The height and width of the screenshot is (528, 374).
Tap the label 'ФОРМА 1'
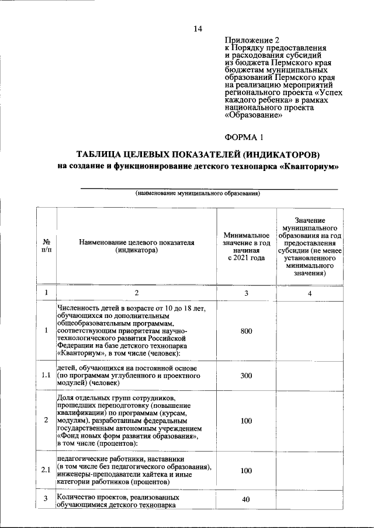pos(244,138)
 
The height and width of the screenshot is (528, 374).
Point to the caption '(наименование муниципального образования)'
pos(198,193)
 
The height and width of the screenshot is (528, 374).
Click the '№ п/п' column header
pos(46,246)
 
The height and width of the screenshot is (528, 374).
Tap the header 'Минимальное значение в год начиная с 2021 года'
pos(246,246)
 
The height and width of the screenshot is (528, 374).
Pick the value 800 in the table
pos(246,331)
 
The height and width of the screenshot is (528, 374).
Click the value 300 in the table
pos(246,376)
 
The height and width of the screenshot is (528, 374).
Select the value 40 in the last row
pos(246,499)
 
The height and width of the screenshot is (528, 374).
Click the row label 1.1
pos(46,376)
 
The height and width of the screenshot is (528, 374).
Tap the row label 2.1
pos(46,470)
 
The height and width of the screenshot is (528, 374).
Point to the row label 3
pos(46,498)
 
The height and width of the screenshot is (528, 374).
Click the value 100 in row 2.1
pos(246,470)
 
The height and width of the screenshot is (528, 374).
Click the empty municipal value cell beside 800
pos(310,331)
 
